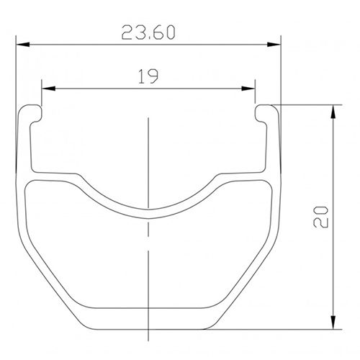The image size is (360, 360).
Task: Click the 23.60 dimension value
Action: [x=148, y=32]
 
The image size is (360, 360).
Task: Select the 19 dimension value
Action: [x=148, y=76]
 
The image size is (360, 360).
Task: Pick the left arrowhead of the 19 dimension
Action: [x=48, y=88]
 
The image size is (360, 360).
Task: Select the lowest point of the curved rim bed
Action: [x=148, y=209]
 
